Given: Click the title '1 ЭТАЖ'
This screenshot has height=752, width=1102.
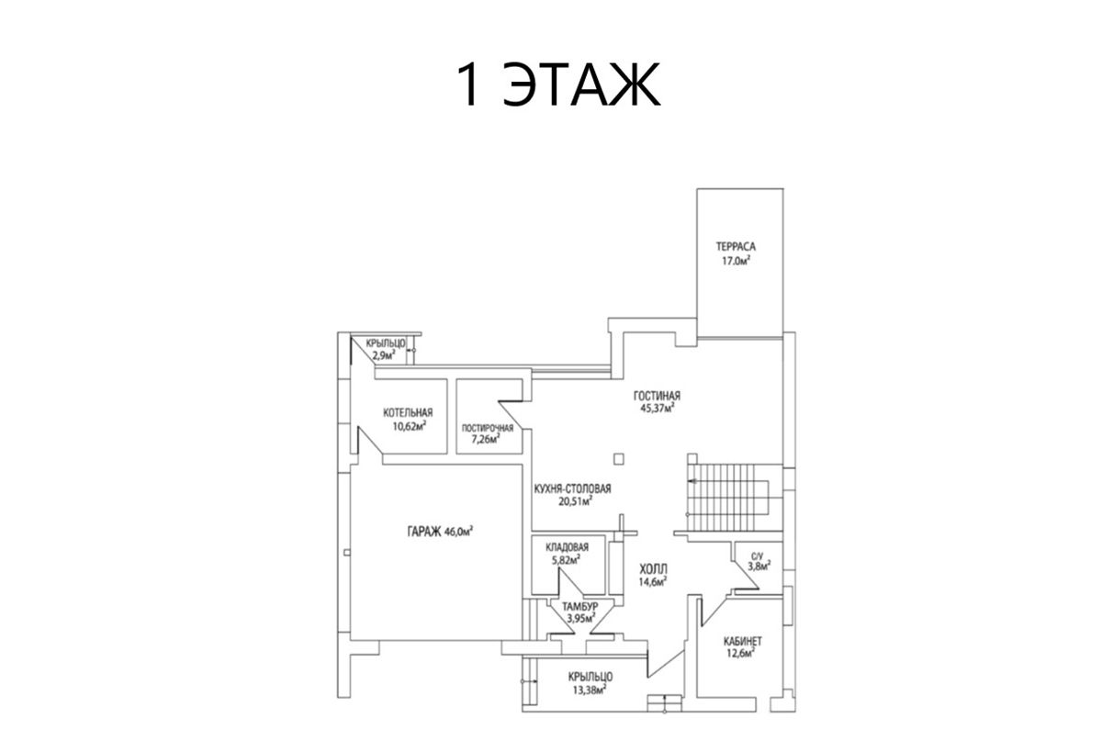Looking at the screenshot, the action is click(558, 84).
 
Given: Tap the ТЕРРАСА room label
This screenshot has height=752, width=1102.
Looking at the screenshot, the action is click(736, 246).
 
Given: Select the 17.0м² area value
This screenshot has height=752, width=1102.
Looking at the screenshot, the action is click(736, 261).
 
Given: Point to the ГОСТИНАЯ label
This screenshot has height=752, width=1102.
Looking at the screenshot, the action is click(657, 396).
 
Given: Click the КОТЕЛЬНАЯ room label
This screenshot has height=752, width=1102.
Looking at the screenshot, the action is click(408, 412).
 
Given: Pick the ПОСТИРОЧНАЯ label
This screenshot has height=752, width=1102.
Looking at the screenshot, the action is click(487, 428).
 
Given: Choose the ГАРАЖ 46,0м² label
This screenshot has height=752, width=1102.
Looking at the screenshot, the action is click(440, 532).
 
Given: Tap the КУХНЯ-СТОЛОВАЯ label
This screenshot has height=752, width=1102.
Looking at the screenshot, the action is click(573, 488).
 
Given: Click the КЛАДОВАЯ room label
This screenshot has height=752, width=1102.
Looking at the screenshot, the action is click(568, 547).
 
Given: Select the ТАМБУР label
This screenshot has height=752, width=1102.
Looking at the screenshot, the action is click(580, 606).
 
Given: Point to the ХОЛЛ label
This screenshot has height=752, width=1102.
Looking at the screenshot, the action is click(653, 569).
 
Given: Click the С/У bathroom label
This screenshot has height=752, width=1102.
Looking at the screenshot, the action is click(757, 556).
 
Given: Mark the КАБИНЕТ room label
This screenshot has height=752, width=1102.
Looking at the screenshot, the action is click(742, 641).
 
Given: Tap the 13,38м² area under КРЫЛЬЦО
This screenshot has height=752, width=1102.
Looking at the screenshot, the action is click(590, 690).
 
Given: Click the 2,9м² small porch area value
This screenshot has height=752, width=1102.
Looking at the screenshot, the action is click(384, 355).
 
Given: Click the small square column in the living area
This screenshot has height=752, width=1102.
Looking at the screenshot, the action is click(619, 459).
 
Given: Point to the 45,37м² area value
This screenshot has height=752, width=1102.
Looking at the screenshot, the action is click(658, 408).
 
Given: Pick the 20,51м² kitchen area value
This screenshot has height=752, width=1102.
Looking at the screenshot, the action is click(575, 501).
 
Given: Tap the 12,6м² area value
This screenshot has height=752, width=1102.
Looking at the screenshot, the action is click(741, 653).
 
